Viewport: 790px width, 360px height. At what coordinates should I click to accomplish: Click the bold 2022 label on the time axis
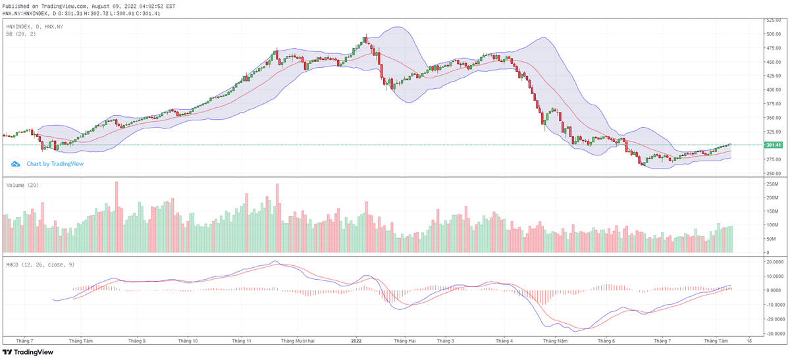point(356,341)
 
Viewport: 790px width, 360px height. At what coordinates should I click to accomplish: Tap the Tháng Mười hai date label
point(298,341)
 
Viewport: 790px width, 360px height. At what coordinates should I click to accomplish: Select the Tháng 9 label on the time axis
point(137,341)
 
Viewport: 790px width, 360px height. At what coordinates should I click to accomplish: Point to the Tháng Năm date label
point(554,341)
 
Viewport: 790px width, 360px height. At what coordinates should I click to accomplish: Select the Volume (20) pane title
point(22,185)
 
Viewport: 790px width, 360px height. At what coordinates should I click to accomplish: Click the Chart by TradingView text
point(55,164)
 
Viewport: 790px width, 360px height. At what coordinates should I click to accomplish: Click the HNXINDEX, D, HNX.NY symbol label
point(34,26)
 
